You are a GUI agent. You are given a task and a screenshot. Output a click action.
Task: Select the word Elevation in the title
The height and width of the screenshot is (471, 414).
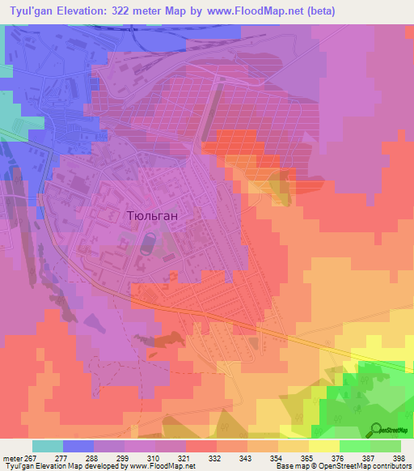point(90,11)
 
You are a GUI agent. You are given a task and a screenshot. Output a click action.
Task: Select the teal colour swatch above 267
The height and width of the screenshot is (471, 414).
point(48,446)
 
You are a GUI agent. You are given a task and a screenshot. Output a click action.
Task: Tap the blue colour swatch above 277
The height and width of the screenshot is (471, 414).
point(78,446)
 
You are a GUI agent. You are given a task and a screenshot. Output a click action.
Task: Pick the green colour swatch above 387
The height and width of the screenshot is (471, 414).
point(355,446)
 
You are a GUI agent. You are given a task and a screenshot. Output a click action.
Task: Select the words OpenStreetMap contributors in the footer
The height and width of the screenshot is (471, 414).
point(369,466)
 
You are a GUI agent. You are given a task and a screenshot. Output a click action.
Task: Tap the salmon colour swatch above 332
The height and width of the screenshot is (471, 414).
point(201,446)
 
